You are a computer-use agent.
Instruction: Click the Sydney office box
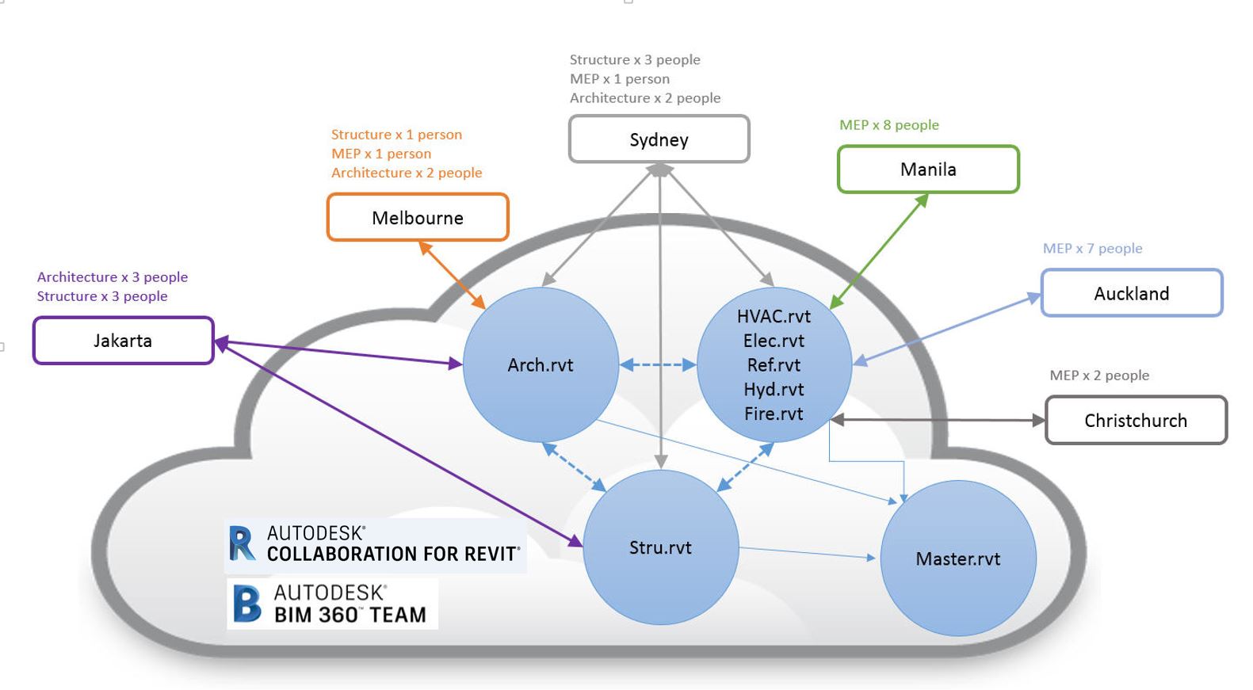659,139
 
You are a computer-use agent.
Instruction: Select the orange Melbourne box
418,217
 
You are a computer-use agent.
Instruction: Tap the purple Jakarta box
123,341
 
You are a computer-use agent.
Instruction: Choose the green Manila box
928,169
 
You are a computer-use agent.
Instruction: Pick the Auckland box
1132,293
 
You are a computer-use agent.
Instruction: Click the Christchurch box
1136,420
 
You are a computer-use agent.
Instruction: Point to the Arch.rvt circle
541,364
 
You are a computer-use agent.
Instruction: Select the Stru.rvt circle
660,547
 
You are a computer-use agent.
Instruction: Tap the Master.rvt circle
957,558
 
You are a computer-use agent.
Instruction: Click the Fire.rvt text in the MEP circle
774,414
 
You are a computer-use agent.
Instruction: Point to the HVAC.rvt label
774,316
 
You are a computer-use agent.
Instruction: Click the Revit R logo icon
242,544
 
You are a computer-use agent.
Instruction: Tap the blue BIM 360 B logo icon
246,604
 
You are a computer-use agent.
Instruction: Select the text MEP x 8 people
889,125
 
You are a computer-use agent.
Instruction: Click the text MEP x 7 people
1092,248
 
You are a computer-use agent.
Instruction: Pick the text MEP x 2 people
1099,375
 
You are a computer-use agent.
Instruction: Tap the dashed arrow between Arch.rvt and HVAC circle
658,364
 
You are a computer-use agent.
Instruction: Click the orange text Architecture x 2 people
407,173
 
